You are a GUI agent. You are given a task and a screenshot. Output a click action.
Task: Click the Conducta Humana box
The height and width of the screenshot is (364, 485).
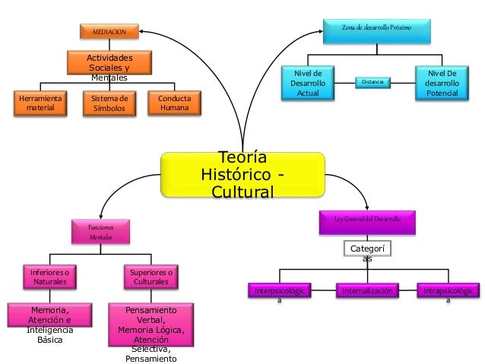coord(175,104)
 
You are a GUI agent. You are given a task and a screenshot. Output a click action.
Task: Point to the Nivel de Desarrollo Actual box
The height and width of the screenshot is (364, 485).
coord(308,82)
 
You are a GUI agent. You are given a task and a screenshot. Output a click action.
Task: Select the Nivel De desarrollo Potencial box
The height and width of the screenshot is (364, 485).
coord(442,82)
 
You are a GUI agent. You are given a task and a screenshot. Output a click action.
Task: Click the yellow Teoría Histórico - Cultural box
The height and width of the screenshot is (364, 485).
coord(242,176)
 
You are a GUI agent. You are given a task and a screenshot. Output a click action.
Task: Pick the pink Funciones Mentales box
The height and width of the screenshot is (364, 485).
coord(100,233)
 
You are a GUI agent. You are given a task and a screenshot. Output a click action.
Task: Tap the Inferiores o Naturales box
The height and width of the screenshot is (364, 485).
coord(49,277)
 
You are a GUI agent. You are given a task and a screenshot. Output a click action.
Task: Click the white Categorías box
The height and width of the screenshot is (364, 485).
coord(367,251)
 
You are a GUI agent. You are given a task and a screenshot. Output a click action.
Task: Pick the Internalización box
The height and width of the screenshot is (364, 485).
coord(368,291)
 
